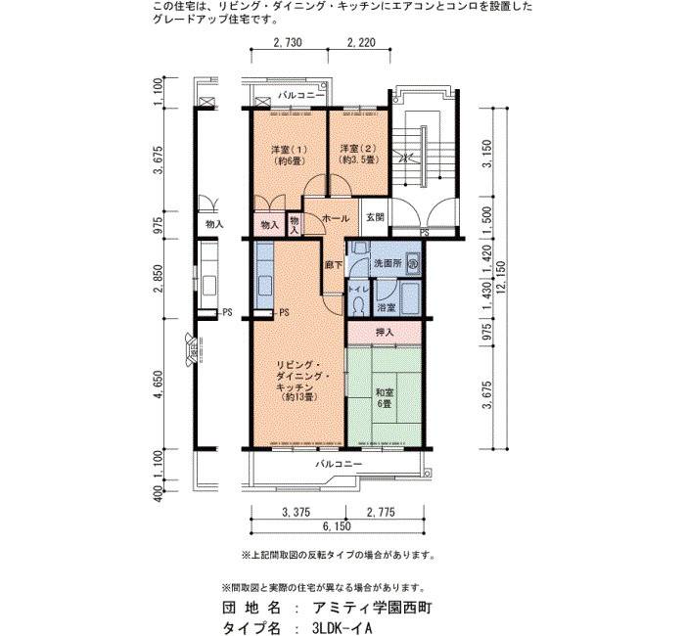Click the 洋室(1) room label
[290, 155]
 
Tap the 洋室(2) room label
[358, 155]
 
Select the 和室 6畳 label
[384, 398]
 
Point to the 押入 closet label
[385, 333]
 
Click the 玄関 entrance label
[375, 217]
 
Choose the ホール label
[336, 218]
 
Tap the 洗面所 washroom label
[388, 263]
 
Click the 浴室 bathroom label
[388, 307]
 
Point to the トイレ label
[359, 289]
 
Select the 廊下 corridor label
[334, 264]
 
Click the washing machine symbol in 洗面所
[413, 263]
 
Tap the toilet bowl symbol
[359, 304]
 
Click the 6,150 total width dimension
[337, 526]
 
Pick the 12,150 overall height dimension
[501, 278]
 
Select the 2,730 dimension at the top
[288, 42]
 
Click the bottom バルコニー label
[339, 464]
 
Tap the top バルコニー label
[301, 95]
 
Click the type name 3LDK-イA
[342, 628]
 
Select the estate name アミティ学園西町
[373, 608]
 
